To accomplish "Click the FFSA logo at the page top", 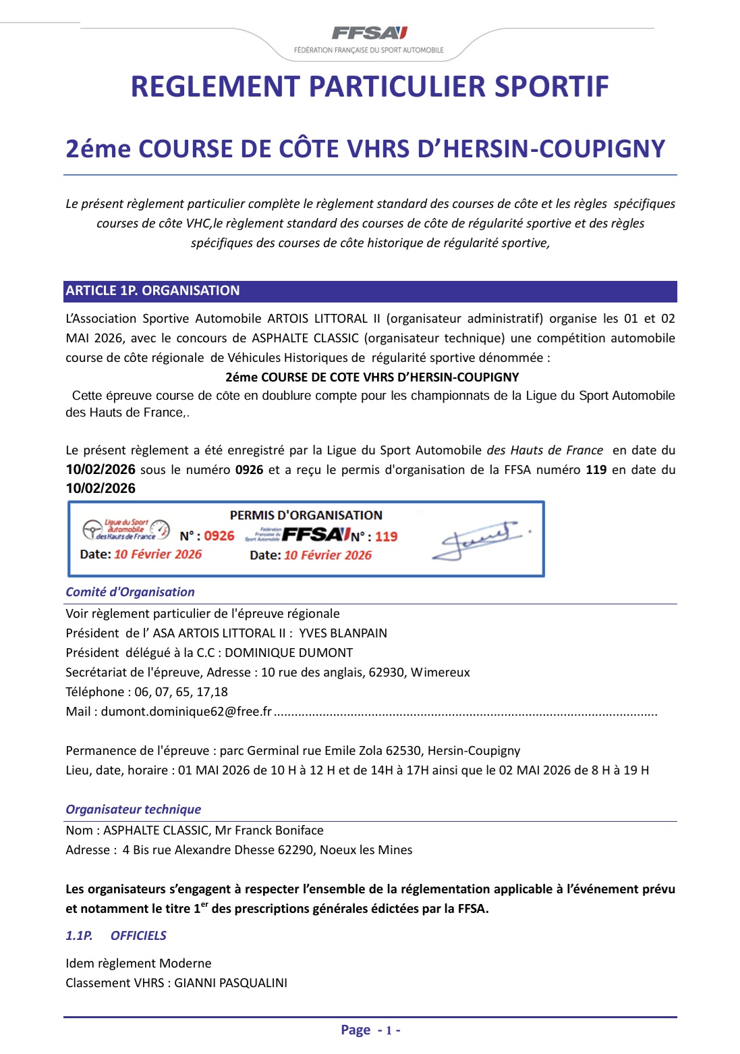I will tap(370, 33).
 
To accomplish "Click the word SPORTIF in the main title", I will tap(551, 87).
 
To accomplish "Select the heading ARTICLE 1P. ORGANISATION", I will tap(152, 291).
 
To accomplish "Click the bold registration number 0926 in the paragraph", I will tap(249, 470).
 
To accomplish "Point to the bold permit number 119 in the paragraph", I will tap(596, 470).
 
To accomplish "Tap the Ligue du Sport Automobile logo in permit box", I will tap(126, 530).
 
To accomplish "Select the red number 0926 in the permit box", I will tap(219, 536).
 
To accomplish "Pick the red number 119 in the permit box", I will tap(387, 537).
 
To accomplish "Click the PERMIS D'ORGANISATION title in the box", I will tap(306, 515).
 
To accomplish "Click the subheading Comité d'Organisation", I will tap(130, 592).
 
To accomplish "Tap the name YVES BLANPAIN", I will tap(343, 633).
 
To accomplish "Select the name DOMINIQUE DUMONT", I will tap(289, 653).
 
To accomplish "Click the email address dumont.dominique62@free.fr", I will tap(186, 712).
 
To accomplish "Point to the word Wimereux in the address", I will tap(440, 673).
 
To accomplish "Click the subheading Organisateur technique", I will tap(133, 810).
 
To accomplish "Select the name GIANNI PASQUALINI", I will tap(231, 983).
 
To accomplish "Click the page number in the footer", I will tap(389, 1030).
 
